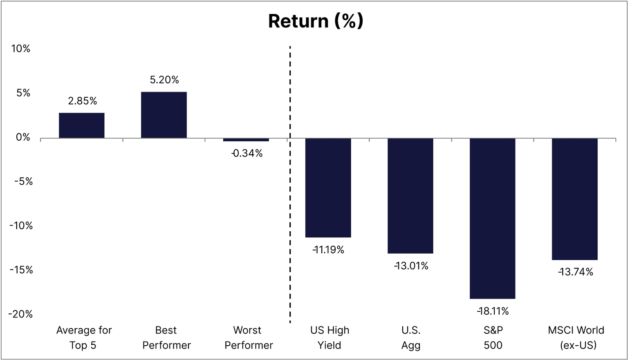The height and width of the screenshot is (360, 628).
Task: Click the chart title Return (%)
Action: click(315, 21)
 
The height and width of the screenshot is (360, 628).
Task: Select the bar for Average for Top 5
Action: click(82, 125)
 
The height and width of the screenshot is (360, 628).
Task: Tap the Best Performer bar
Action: click(164, 115)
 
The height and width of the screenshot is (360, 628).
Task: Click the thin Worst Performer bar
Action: click(246, 140)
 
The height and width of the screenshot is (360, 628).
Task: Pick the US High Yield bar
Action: click(328, 188)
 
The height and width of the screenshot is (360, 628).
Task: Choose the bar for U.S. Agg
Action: click(410, 196)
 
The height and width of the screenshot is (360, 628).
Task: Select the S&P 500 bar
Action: click(492, 218)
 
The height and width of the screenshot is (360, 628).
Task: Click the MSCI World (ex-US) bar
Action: click(574, 199)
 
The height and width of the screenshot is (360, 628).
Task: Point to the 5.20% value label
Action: click(164, 80)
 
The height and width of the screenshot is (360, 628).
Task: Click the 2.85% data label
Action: click(83, 101)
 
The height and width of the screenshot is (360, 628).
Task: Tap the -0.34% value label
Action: click(247, 153)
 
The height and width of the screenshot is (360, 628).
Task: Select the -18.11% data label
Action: click(493, 311)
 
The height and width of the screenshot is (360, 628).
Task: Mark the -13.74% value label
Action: click(575, 272)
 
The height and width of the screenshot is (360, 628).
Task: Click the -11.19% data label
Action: click(328, 250)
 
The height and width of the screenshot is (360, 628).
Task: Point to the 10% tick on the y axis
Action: click(21, 49)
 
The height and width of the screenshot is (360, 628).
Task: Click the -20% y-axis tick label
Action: click(20, 314)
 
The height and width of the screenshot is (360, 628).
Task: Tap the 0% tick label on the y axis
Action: click(23, 137)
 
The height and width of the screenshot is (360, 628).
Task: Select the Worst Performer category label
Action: click(248, 338)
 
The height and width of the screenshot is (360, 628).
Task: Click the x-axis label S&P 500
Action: click(493, 338)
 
